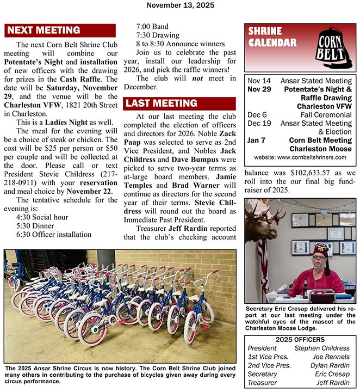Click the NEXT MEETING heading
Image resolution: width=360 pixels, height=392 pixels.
tap(44, 30)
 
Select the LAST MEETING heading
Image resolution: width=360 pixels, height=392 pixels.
tap(160, 103)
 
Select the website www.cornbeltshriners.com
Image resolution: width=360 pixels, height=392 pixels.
tap(300, 157)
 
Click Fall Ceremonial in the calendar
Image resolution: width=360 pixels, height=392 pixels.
tap(326, 115)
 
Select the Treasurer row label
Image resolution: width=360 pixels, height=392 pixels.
tap(262, 383)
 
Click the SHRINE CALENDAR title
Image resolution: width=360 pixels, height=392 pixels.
tap(265, 36)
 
